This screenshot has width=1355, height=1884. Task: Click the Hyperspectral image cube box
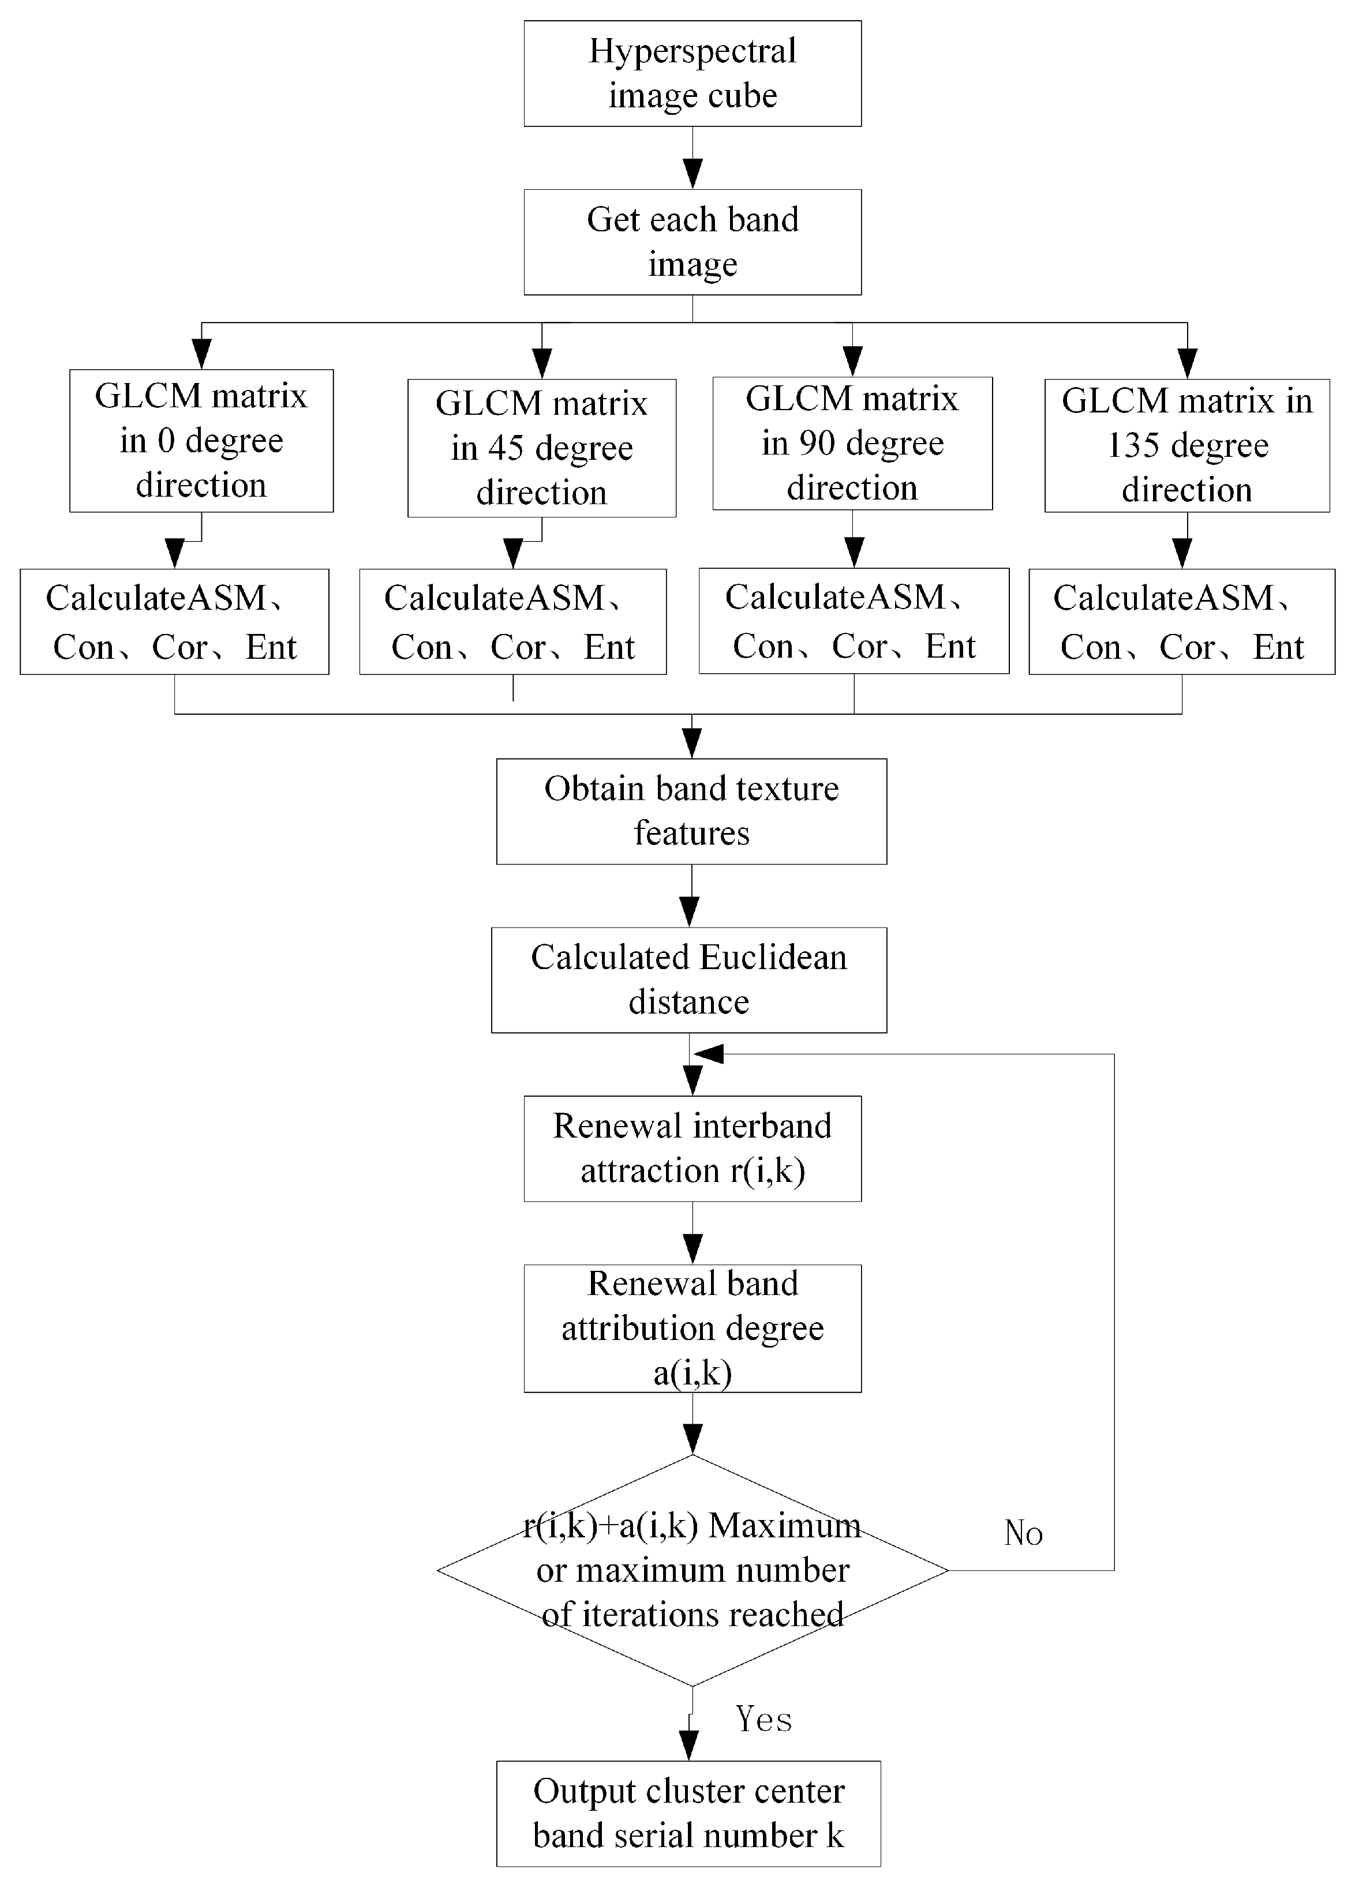(x=692, y=74)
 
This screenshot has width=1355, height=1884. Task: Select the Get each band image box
(x=692, y=242)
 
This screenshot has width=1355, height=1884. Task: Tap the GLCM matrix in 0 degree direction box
(x=201, y=440)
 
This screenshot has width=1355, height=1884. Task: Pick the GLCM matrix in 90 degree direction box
(x=852, y=443)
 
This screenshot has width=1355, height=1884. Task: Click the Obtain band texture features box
(x=691, y=810)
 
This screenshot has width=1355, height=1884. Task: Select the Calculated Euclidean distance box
(x=688, y=979)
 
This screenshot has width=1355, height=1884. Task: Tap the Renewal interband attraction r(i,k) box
(x=692, y=1148)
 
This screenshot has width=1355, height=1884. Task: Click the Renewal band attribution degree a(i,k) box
(x=692, y=1327)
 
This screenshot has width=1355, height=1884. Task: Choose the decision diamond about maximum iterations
(x=692, y=1570)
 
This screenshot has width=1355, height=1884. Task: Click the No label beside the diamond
(x=1023, y=1533)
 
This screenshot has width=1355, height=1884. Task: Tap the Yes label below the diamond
(x=763, y=1718)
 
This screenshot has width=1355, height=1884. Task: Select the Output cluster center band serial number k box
(x=688, y=1814)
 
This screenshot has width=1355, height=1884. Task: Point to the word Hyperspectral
(x=692, y=51)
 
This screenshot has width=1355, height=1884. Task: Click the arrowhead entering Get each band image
(x=692, y=174)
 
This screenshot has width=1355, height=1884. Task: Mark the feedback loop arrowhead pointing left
(x=709, y=1054)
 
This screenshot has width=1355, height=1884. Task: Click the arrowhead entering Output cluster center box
(x=688, y=1744)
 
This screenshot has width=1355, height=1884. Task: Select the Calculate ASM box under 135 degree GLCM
(x=1181, y=621)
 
